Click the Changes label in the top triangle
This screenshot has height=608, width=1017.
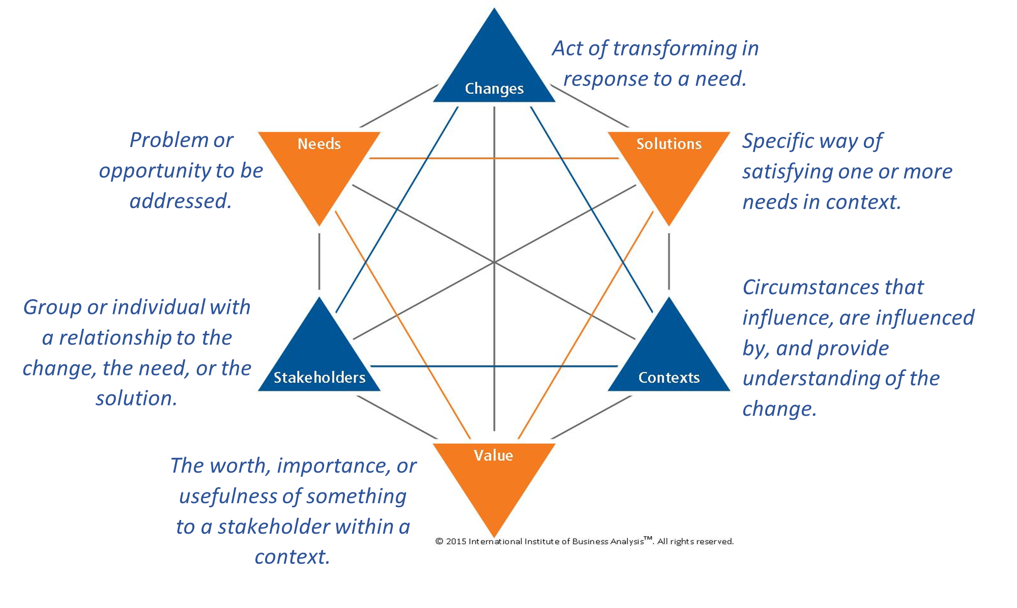494,89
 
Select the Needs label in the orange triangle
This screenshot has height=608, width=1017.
319,144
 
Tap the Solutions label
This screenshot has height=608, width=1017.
669,144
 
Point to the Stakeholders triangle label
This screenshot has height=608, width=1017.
319,378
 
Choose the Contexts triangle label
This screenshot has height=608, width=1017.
669,378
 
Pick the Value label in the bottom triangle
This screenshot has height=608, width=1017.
493,455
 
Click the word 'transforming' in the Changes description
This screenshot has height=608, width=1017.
675,48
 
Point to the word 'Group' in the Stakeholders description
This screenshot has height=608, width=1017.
52,307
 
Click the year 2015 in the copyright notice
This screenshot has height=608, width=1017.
456,541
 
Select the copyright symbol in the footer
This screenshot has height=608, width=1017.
439,541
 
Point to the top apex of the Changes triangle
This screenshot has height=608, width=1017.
493,9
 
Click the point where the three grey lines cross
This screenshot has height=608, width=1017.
494,262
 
